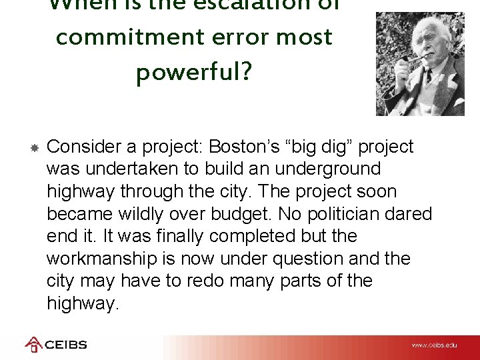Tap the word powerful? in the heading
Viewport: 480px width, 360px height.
[x=194, y=73]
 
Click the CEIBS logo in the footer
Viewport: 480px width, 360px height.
[x=56, y=345]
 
